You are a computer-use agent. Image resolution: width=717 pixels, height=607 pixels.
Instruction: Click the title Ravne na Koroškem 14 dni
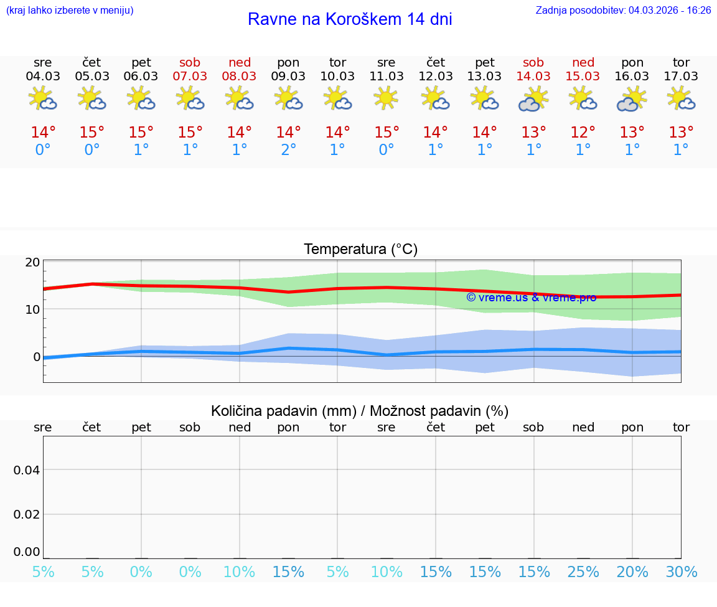[x=350, y=19]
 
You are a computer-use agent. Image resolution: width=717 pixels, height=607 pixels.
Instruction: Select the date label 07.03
[x=190, y=77]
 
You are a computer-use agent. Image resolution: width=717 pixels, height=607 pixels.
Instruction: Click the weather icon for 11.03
[x=386, y=98]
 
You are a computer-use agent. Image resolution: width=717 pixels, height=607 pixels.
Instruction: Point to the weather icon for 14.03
[x=533, y=99]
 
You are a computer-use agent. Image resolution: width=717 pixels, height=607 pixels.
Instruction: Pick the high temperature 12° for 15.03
[x=583, y=132]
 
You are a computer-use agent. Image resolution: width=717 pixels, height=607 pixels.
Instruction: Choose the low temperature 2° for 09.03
[x=288, y=150]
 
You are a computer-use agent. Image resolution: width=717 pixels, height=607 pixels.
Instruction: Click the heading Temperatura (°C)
[x=360, y=250]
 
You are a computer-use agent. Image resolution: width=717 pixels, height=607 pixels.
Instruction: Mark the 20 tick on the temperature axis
[x=32, y=262]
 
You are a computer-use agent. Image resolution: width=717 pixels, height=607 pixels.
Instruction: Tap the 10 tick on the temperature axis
[x=32, y=309]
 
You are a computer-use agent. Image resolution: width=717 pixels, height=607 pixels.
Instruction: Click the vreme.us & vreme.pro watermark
[x=531, y=298]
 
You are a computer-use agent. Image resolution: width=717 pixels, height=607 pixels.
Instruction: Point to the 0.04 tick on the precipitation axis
[x=27, y=470]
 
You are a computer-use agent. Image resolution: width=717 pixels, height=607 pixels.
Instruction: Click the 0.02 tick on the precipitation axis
[x=27, y=514]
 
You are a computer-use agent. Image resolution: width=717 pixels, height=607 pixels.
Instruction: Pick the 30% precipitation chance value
[x=681, y=572]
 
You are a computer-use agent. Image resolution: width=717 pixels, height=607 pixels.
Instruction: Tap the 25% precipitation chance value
[x=583, y=572]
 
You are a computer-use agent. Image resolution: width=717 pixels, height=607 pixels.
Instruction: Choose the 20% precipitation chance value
[x=632, y=572]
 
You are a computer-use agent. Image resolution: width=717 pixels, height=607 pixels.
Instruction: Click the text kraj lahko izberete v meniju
[x=70, y=11]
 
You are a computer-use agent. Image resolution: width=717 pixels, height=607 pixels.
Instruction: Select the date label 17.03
[x=681, y=77]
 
